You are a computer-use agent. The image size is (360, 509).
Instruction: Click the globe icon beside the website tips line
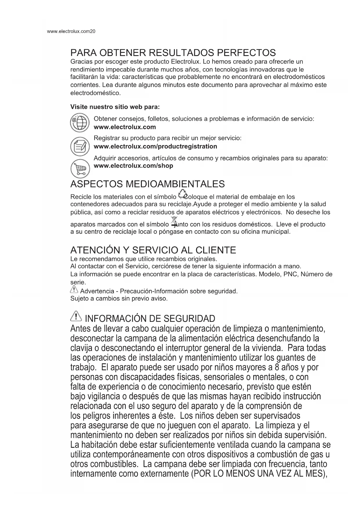[x=79, y=123]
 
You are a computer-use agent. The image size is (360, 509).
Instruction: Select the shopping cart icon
[x=80, y=169]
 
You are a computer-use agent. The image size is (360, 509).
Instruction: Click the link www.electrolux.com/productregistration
[x=155, y=146]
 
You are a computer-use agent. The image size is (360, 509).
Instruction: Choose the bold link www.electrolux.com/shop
[x=133, y=166]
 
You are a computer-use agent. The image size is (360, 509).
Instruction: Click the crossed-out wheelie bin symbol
[x=174, y=222]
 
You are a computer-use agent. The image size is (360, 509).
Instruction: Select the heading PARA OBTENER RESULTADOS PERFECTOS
[x=173, y=53]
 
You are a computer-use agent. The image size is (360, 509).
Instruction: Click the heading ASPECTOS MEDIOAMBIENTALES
[x=147, y=184]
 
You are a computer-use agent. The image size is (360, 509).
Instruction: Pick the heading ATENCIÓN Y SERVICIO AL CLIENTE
[x=153, y=250]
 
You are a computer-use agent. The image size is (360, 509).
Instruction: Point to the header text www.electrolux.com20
[x=71, y=31]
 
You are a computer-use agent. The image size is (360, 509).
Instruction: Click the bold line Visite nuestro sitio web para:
[x=115, y=107]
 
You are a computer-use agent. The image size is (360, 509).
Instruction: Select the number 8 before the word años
[x=278, y=367]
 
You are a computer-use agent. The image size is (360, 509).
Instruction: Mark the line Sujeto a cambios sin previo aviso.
[x=119, y=299]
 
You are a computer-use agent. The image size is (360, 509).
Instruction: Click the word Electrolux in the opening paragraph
[x=186, y=62]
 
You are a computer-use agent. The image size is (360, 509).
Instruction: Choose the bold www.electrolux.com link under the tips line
[x=125, y=127]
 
